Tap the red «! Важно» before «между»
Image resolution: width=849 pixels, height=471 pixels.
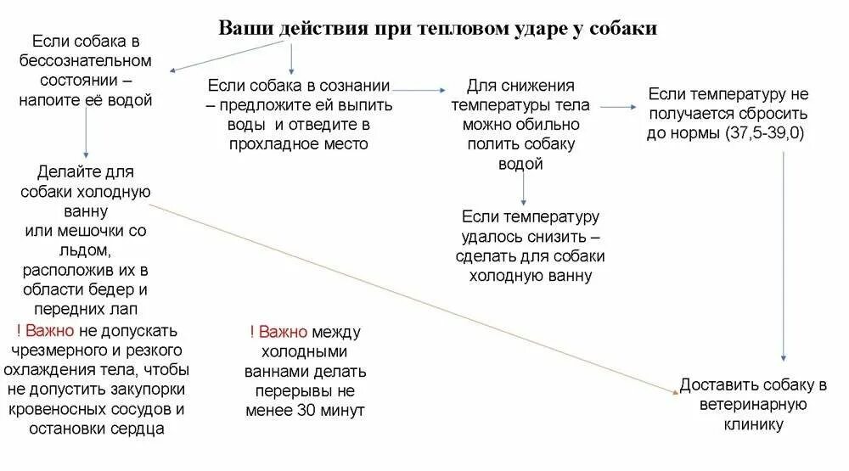[x=280, y=331]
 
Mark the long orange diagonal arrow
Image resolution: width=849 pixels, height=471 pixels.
[x=416, y=293]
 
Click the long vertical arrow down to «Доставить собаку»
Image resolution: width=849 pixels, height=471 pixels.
[x=783, y=255]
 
